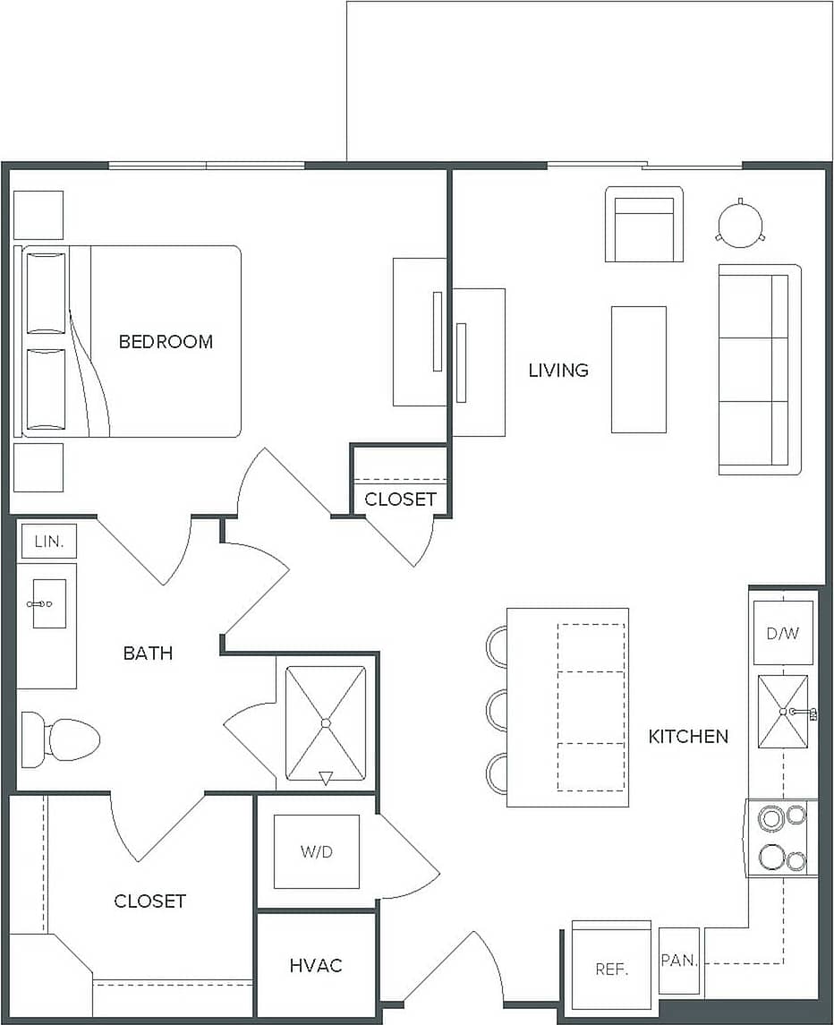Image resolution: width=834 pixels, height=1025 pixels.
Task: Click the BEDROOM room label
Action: [166, 341]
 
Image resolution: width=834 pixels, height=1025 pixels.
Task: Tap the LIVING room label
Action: [558, 370]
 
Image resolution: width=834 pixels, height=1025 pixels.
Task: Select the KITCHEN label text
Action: [688, 736]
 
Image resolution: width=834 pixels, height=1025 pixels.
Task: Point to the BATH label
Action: [148, 653]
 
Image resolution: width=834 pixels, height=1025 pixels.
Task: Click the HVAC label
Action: [316, 965]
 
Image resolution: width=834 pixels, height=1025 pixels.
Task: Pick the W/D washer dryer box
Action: [316, 851]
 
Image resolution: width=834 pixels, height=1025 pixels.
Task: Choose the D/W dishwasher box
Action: [782, 633]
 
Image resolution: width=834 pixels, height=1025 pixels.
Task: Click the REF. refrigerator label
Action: [612, 969]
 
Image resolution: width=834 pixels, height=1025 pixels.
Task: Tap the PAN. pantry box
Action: [679, 961]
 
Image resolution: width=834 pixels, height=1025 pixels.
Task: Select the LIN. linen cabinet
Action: [47, 541]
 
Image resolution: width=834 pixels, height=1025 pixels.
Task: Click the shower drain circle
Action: [326, 722]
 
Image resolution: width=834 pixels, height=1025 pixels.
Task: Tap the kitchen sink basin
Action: [782, 712]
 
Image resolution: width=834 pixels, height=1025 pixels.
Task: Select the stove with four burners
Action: [782, 838]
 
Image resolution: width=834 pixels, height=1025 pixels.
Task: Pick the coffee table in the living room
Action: [638, 369]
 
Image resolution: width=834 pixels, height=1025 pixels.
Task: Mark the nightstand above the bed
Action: [38, 215]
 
